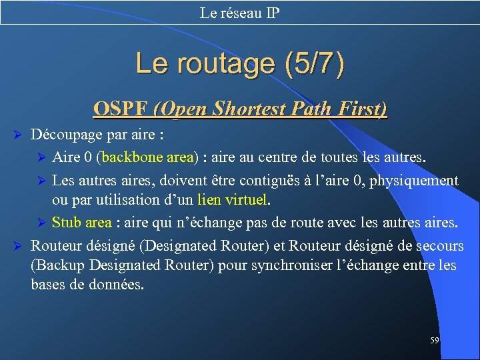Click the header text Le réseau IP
[240, 13]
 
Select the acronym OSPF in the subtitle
[121, 109]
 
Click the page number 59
[435, 340]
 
